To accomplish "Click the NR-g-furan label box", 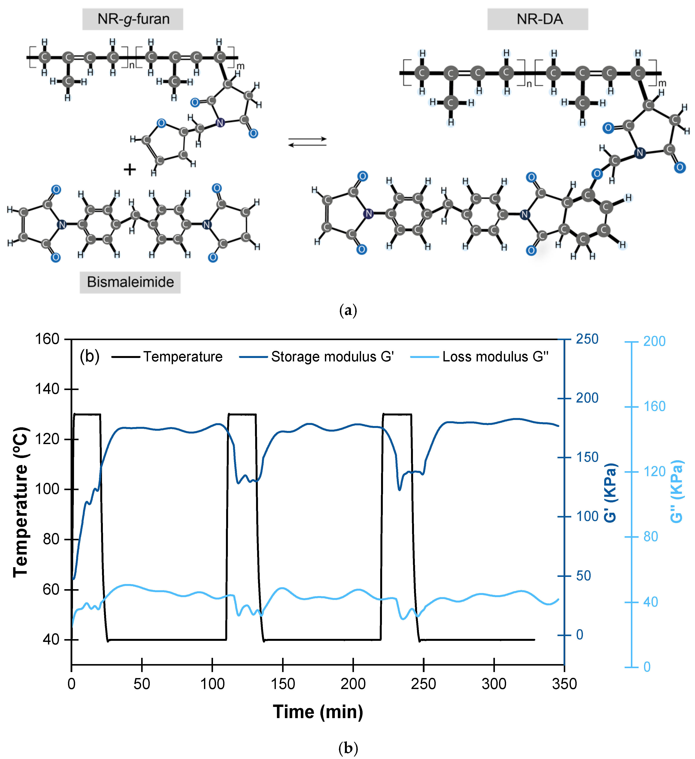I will pyautogui.click(x=133, y=19).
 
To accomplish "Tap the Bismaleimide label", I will pyautogui.click(x=130, y=282).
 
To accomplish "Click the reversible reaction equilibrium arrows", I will pyautogui.click(x=307, y=142).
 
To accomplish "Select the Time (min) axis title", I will pyautogui.click(x=318, y=712).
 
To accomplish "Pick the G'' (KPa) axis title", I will pyautogui.click(x=676, y=491).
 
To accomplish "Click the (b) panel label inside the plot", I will pyautogui.click(x=90, y=356).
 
